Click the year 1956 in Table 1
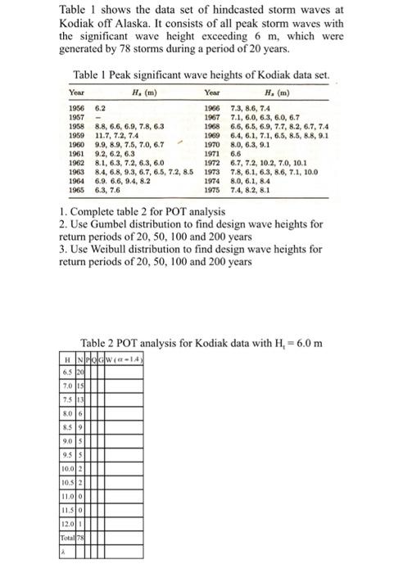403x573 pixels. coord(75,108)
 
